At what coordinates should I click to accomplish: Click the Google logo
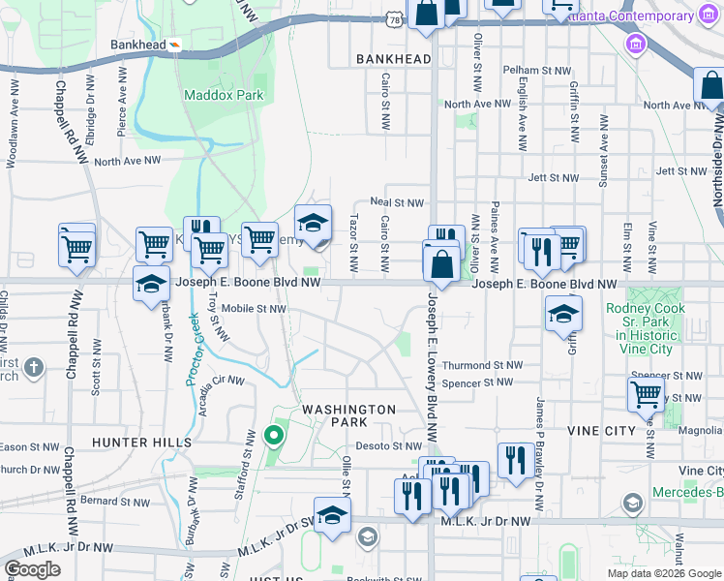tap(32, 569)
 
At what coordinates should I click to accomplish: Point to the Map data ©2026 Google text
tap(664, 573)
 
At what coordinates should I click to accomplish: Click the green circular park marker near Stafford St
tap(274, 434)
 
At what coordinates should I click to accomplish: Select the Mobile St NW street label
tap(254, 309)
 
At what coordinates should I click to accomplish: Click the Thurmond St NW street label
tap(482, 366)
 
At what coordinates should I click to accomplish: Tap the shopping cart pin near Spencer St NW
tap(646, 394)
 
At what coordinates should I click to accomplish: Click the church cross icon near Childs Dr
tap(34, 367)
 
